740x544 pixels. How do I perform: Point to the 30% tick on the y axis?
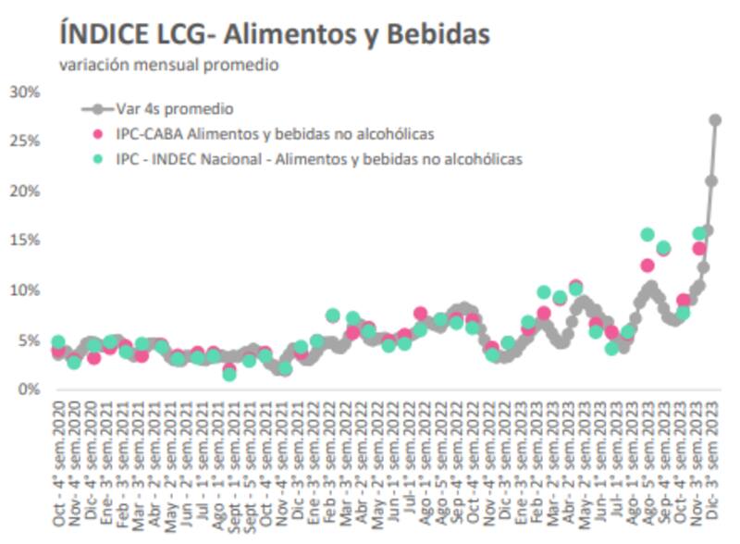pyautogui.click(x=24, y=92)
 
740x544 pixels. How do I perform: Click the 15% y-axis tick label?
pyautogui.click(x=24, y=241)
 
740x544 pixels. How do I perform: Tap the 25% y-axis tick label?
pyautogui.click(x=24, y=141)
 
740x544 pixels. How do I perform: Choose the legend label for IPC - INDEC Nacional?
pyautogui.click(x=319, y=159)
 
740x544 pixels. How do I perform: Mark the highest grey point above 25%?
pyautogui.click(x=715, y=120)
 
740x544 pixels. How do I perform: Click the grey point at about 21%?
pyautogui.click(x=711, y=181)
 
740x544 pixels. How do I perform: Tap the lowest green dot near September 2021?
pyautogui.click(x=229, y=374)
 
